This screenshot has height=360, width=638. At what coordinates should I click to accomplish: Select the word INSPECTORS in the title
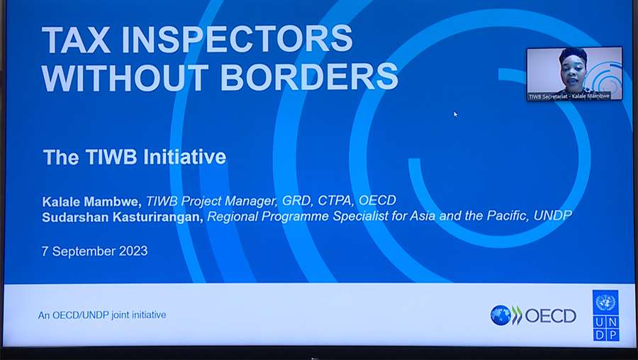click(238, 39)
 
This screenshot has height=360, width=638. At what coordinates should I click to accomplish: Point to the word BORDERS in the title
click(310, 77)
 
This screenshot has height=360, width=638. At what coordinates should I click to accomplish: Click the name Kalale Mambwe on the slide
click(92, 201)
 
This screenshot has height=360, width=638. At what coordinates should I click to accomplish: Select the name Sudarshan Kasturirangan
click(123, 217)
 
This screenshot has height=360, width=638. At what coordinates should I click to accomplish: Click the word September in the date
click(83, 251)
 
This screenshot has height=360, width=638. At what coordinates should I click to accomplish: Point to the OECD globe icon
click(500, 315)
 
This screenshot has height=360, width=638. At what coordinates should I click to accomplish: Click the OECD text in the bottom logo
click(550, 315)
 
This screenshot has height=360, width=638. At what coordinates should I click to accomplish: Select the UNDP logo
click(605, 315)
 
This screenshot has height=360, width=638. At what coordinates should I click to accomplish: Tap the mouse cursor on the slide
click(455, 113)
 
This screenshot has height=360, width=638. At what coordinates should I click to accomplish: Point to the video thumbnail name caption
click(569, 96)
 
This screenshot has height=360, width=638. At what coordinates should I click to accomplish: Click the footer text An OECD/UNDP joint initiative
click(102, 315)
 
